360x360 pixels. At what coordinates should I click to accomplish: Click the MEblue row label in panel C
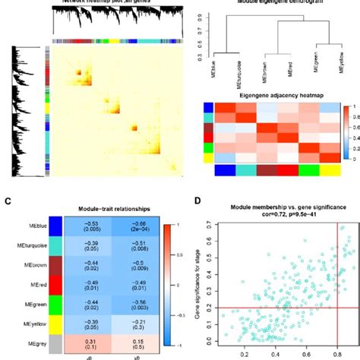point(25,226)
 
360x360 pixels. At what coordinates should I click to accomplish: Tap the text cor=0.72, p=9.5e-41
point(279,215)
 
